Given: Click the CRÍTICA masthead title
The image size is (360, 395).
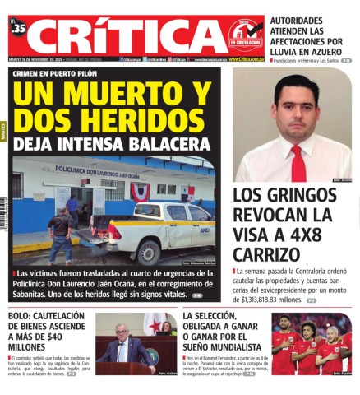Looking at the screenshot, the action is (123, 37).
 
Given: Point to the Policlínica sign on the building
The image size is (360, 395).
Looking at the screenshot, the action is (97, 175).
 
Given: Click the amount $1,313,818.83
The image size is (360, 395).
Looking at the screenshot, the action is (261, 300).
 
